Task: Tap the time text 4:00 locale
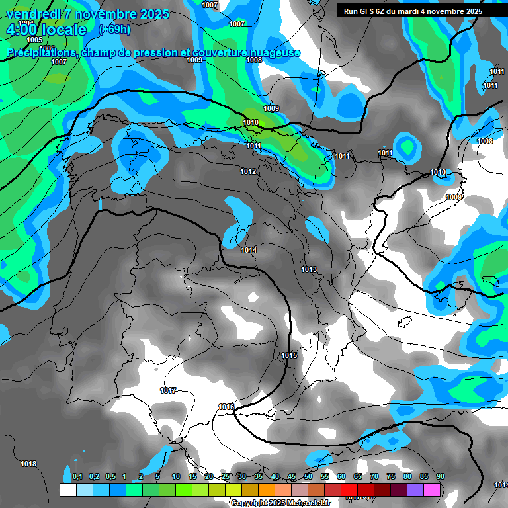[x=46, y=30]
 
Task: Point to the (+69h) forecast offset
[x=114, y=30]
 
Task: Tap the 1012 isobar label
[x=248, y=172]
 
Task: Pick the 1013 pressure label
[x=309, y=269]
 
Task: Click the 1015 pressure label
[x=289, y=355]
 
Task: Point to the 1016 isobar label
[x=226, y=407]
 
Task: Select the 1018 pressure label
[x=28, y=464]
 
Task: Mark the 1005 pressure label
[x=34, y=40]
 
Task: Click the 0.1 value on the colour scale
[x=77, y=477]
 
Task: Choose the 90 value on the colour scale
[x=440, y=477]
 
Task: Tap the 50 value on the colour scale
[x=308, y=477]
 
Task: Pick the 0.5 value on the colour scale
[x=110, y=477]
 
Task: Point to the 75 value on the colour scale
[x=391, y=477]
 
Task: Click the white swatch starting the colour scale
[x=67, y=489]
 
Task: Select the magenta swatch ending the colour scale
[x=433, y=489]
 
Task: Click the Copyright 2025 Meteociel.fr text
[x=280, y=503]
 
